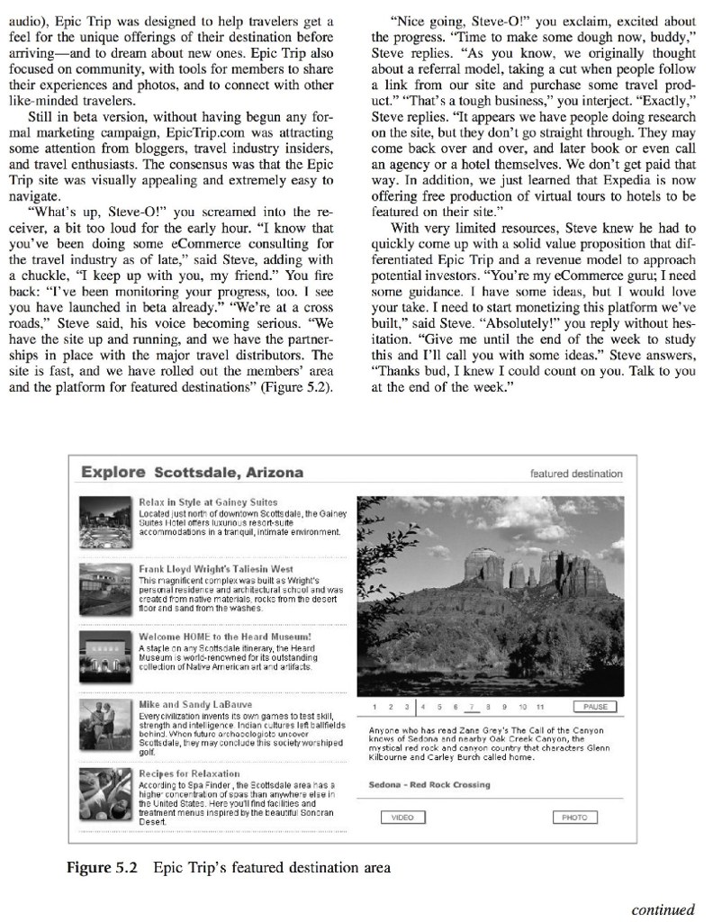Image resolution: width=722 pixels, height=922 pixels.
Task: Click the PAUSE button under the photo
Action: coord(593,707)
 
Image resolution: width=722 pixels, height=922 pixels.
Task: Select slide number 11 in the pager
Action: coord(538,708)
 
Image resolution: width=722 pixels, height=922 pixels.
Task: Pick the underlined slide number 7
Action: coord(473,708)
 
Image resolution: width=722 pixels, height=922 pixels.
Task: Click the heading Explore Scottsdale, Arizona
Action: coord(192,473)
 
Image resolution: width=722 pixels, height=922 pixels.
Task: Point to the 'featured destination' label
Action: coord(576,474)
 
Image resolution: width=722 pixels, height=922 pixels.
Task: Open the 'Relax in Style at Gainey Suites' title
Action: coord(208,502)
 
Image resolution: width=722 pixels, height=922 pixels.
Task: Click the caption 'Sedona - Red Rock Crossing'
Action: coord(429,784)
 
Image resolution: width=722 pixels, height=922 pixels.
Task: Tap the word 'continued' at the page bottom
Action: coord(663,909)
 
